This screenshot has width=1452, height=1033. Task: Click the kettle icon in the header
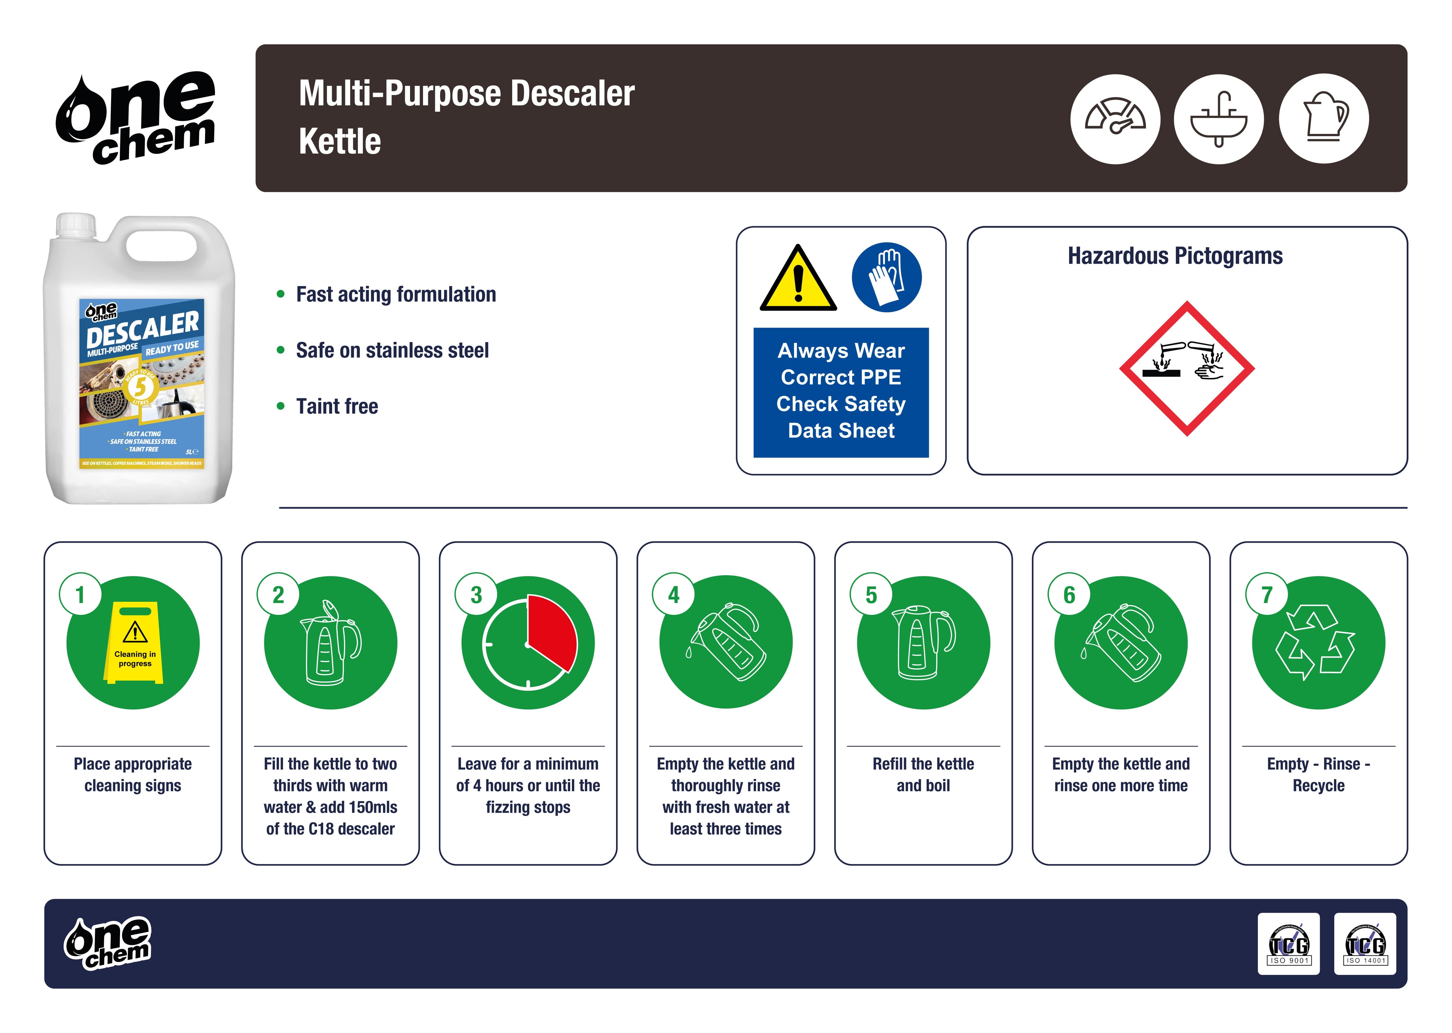tap(1324, 119)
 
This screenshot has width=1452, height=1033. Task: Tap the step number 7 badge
tap(1266, 595)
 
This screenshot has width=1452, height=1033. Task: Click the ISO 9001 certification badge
tap(1289, 944)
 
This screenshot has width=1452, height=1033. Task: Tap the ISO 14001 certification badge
tap(1365, 944)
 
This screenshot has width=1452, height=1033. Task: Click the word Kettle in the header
tap(340, 141)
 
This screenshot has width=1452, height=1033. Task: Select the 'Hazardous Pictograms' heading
tap(1175, 256)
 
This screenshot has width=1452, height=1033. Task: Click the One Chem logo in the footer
tap(107, 943)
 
